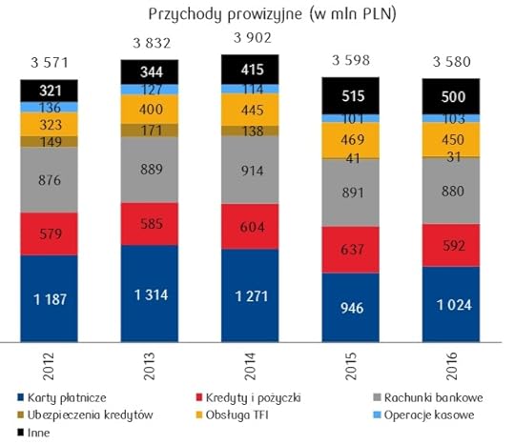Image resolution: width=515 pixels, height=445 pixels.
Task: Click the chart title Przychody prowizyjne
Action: pos(257,13)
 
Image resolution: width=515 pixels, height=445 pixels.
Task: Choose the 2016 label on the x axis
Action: pos(450,367)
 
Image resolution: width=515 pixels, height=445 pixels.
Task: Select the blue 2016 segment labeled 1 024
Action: pos(450,303)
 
